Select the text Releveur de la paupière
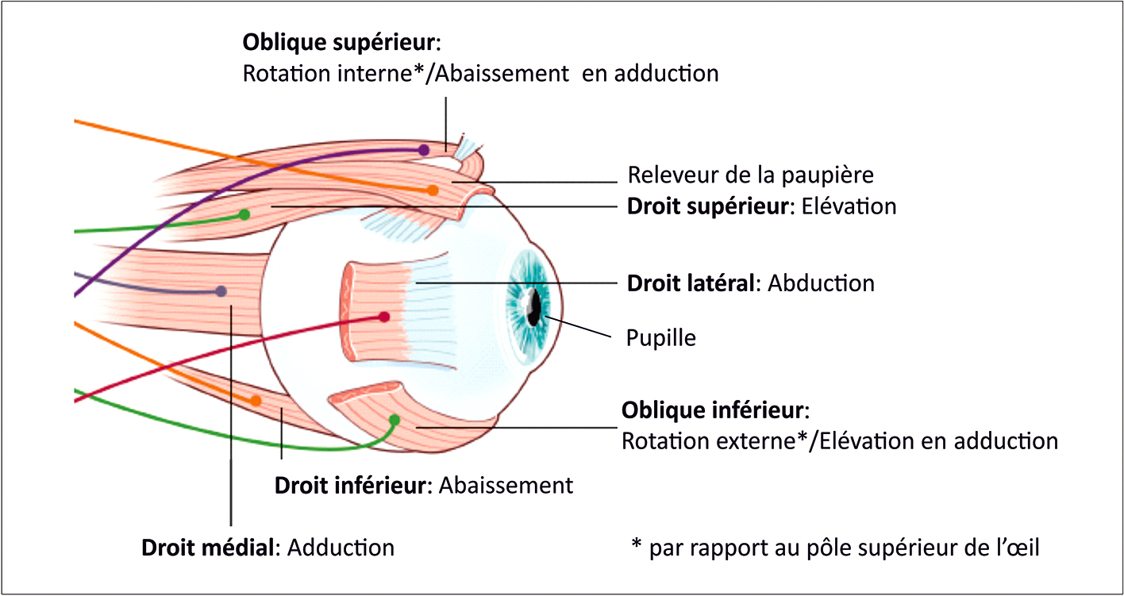click(x=750, y=175)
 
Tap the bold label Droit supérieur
click(x=710, y=206)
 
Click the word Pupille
click(x=660, y=338)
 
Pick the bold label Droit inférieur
click(x=351, y=485)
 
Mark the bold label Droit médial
click(x=210, y=548)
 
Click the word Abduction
click(x=822, y=283)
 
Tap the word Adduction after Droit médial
click(x=341, y=548)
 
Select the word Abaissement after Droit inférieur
click(x=505, y=485)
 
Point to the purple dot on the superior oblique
click(x=424, y=149)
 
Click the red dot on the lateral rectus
click(x=384, y=317)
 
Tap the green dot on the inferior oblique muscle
click(x=395, y=419)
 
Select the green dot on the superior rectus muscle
click(x=244, y=214)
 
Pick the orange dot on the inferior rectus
click(x=256, y=401)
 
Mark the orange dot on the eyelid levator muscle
click(x=432, y=190)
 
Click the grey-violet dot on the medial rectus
click(x=221, y=291)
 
